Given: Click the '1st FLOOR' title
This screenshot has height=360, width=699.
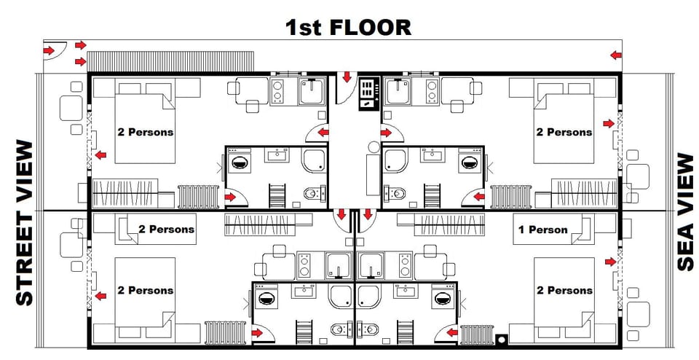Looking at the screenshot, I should [348, 28].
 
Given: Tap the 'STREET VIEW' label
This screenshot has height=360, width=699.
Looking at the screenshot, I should [25, 223].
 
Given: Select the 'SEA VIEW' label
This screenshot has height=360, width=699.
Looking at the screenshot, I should [684, 211].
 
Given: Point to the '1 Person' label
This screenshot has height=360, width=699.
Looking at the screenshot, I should [542, 230].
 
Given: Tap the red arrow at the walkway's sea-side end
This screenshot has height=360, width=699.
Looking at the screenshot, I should [616, 55].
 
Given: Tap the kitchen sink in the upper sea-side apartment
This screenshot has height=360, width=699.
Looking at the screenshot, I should [398, 91].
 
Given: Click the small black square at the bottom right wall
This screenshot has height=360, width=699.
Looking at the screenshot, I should [501, 340].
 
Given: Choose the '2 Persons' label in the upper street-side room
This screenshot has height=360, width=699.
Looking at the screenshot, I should [146, 132].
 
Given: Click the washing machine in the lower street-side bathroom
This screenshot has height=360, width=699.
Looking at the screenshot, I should [266, 297].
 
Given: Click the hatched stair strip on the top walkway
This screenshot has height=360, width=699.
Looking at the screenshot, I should [171, 60].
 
